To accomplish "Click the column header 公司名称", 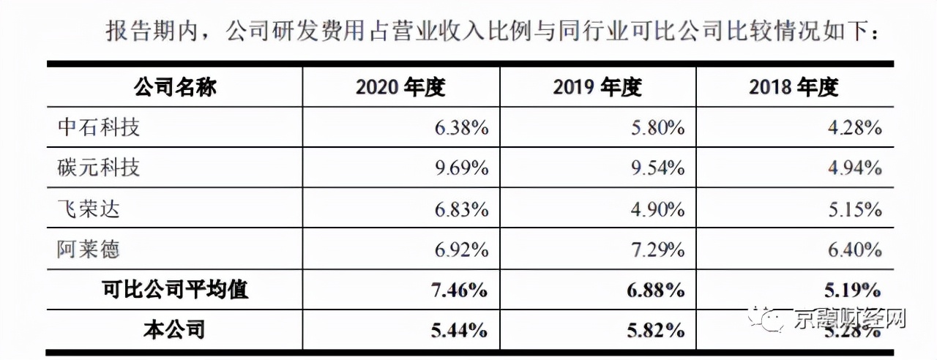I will coord(175,88).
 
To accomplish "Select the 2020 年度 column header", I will coord(400,88).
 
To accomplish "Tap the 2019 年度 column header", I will coord(597,88).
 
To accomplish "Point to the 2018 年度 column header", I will coord(794,88).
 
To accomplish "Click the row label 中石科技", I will coord(99,128).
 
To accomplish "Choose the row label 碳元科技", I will coord(99,168).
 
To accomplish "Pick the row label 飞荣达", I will coord(89,209).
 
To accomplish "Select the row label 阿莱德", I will coord(89,250).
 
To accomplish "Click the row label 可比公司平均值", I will coord(175,290).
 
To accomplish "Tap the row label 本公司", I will coord(174,330).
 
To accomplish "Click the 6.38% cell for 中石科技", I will coord(461,129).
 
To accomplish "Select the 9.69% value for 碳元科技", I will coord(461,169).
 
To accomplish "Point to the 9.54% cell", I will coord(657,169).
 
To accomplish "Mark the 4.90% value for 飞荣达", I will coord(657,210).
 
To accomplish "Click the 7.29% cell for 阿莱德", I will coord(657,250).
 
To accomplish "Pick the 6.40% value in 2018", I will coord(854,250).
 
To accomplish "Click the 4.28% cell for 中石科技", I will coord(854,129).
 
